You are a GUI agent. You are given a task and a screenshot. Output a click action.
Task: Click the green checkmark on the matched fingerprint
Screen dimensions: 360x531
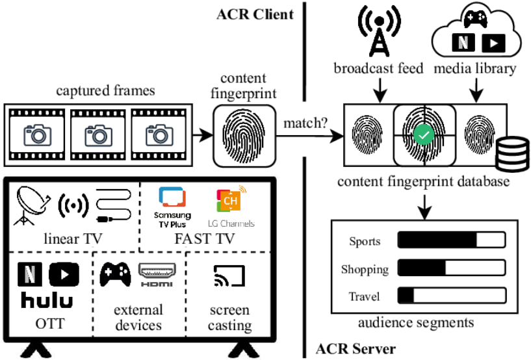tap(422, 136)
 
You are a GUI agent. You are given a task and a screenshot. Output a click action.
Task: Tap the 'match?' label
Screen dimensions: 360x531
tap(305, 121)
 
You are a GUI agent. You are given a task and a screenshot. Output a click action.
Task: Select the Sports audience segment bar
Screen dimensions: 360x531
tap(451, 241)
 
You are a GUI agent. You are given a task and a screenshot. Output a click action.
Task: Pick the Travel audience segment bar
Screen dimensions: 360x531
tap(451, 296)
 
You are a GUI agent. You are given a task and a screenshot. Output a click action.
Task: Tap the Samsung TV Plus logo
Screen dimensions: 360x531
tap(172, 207)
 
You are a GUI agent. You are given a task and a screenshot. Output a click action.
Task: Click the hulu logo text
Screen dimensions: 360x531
tap(47, 301)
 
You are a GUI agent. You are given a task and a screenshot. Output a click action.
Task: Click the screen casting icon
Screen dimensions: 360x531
tap(229, 277)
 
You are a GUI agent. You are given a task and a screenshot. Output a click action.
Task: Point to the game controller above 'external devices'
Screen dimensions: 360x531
tap(115, 276)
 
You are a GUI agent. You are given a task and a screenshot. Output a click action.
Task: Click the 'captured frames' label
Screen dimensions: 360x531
tap(114, 91)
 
